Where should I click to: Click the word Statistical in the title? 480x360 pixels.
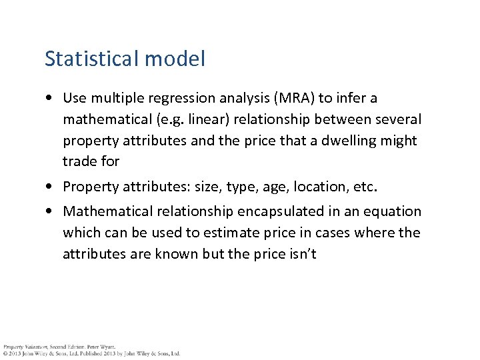(91, 59)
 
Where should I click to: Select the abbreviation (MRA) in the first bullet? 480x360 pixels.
(287, 98)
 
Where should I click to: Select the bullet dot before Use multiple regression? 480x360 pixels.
(51, 99)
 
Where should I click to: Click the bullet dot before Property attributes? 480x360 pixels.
(51, 187)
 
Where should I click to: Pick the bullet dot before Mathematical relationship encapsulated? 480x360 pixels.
(51, 212)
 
